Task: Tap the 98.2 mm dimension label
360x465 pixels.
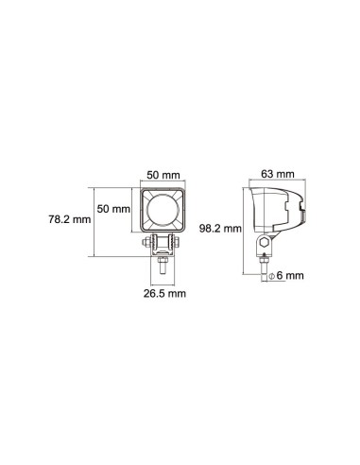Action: [226, 228]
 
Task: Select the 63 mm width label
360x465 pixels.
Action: [277, 174]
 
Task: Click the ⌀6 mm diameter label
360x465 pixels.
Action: [284, 276]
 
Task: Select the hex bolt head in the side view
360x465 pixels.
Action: [266, 245]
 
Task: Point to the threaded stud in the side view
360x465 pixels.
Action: [266, 264]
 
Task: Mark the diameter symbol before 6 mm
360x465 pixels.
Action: [270, 276]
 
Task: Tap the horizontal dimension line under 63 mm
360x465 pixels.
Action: [275, 182]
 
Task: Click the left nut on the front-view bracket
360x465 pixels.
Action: [148, 244]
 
